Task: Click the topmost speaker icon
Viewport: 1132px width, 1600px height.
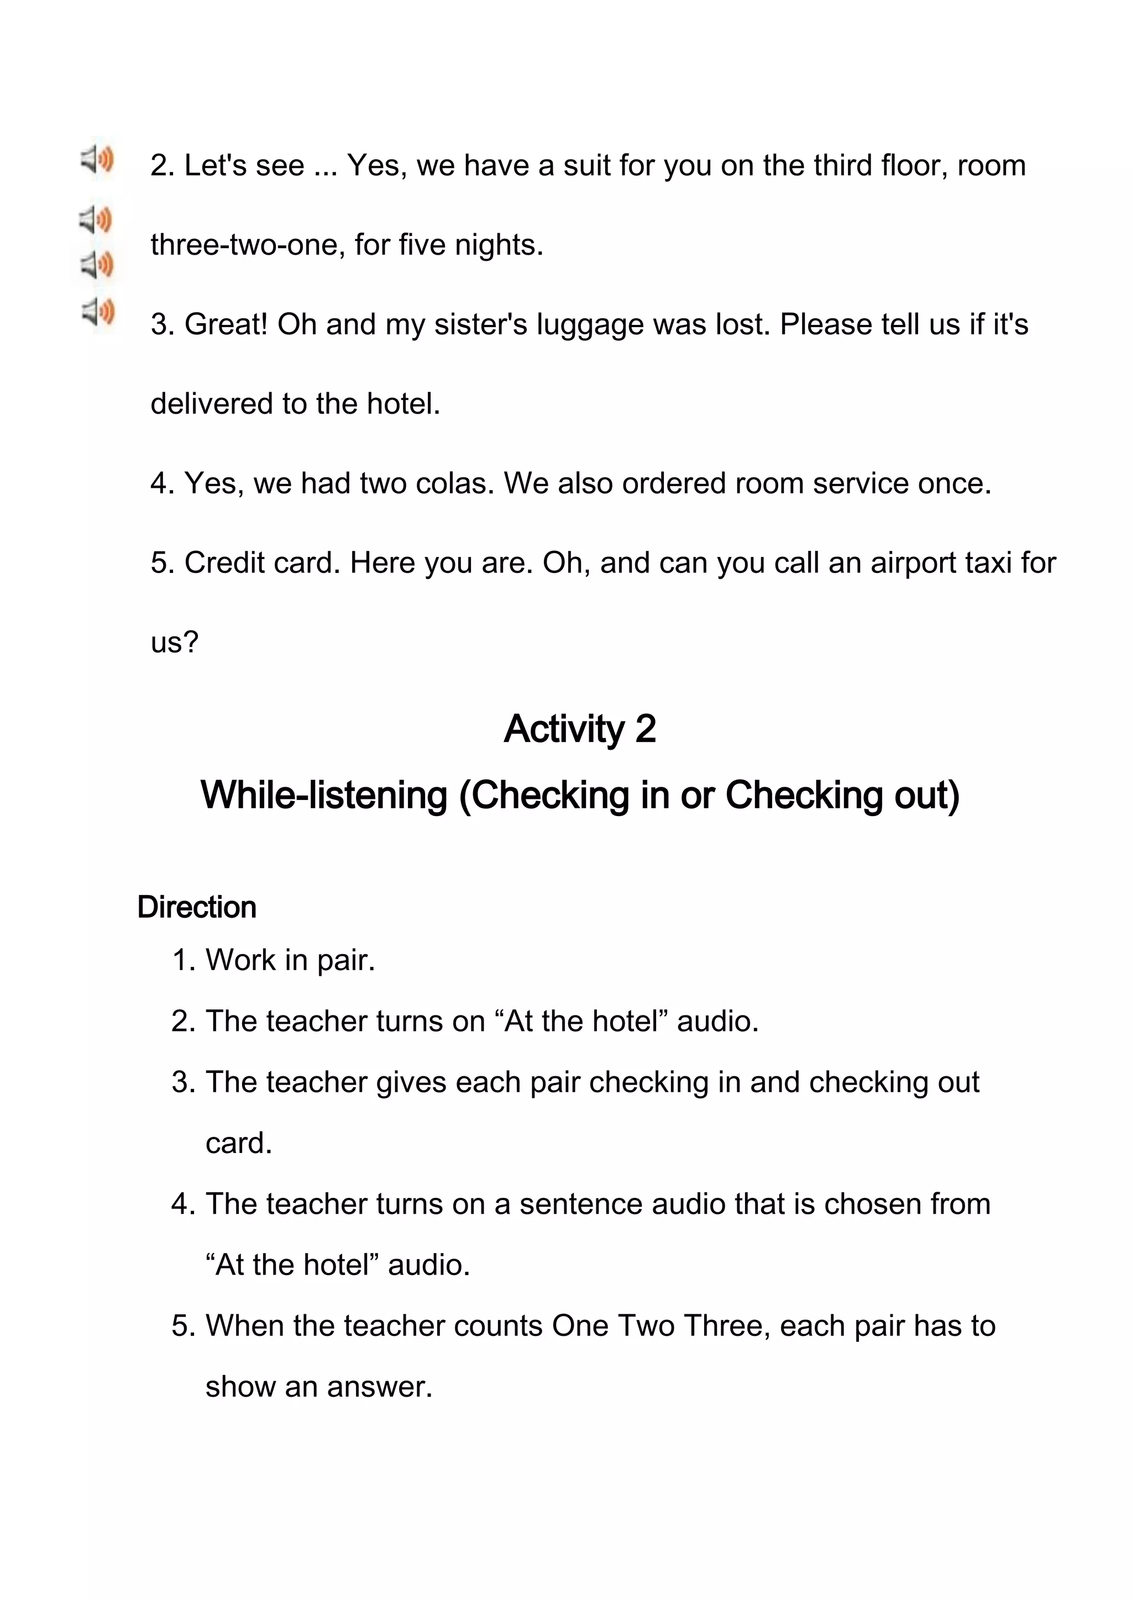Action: (97, 160)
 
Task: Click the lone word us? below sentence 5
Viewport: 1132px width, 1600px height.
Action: (174, 643)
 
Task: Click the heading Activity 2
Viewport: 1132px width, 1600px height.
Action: (579, 729)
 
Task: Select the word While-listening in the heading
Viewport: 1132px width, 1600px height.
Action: (323, 795)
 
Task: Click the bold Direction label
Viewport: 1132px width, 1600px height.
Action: (197, 907)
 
